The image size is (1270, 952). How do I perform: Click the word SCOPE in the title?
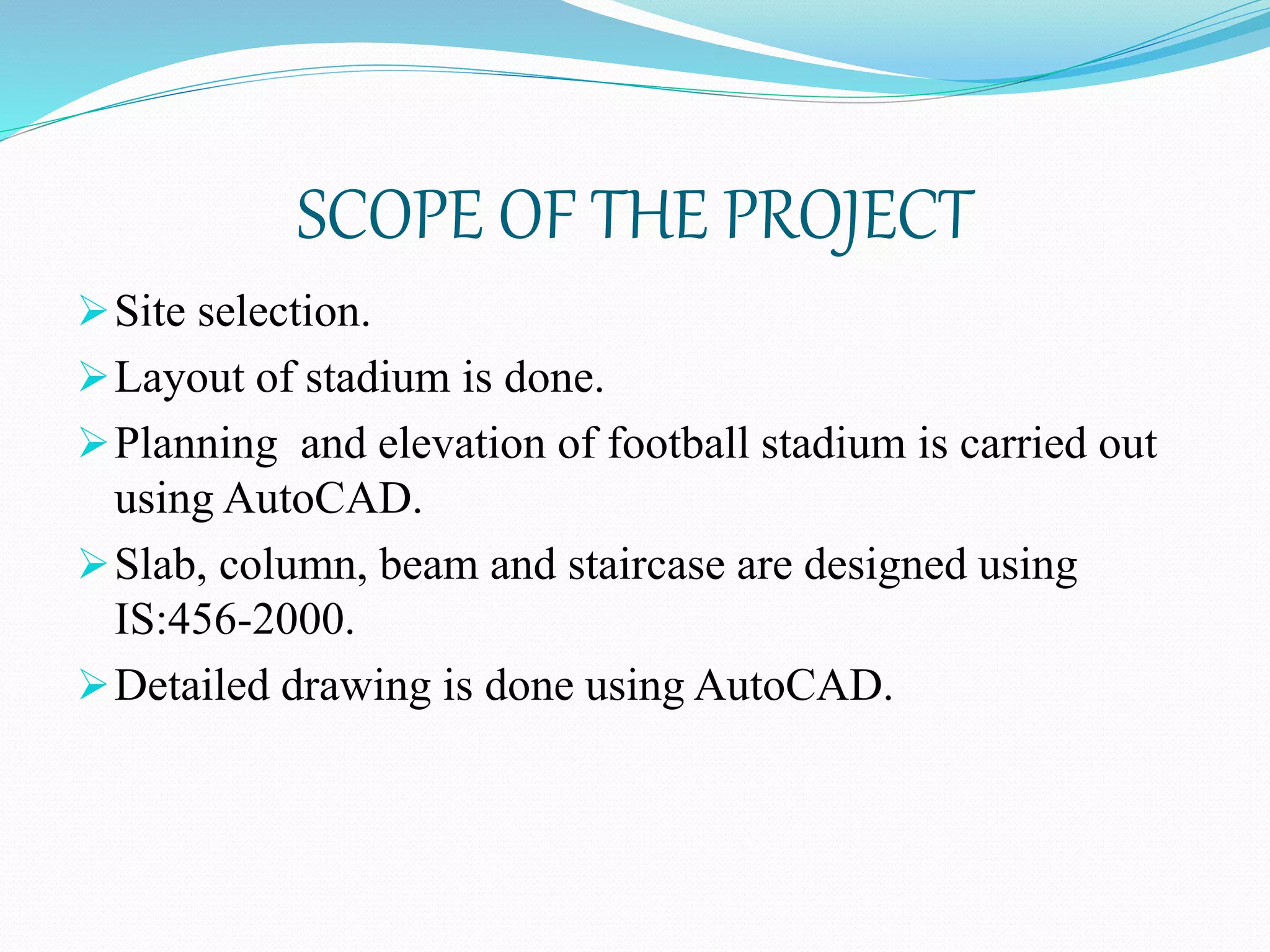(x=389, y=215)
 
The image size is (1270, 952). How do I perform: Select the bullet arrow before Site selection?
(x=93, y=311)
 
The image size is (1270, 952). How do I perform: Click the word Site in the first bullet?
(x=150, y=311)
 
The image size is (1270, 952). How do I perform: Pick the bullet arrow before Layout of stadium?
(x=93, y=377)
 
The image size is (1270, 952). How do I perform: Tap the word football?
(x=678, y=444)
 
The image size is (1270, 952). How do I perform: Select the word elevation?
(x=461, y=444)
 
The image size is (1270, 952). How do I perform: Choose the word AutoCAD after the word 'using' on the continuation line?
(x=317, y=498)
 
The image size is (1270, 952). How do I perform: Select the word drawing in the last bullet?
(x=356, y=687)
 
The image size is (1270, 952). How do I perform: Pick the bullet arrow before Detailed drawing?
(x=93, y=687)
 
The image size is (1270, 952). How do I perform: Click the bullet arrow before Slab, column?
(x=93, y=566)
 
